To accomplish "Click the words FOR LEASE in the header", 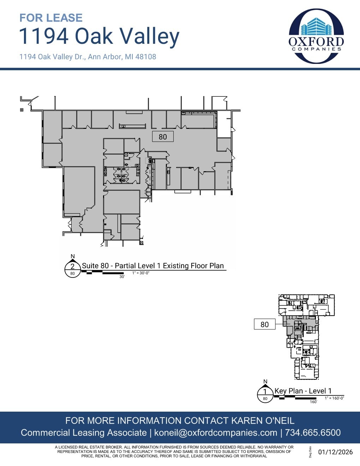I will [51, 18].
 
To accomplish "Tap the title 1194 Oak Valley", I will [99, 36].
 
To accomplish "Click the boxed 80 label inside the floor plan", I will [163, 137].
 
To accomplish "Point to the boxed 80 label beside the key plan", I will [264, 324].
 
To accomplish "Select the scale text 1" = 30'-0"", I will [141, 273].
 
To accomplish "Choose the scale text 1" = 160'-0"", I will [334, 398].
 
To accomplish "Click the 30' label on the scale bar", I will [122, 277].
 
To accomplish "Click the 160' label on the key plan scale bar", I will [313, 402].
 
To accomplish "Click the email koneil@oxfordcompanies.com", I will [216, 433].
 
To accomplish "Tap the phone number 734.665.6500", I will [313, 433].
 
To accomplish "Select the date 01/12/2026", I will [335, 452].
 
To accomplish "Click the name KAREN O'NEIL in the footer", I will [263, 420].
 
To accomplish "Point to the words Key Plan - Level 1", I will [303, 391].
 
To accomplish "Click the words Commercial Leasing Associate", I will [84, 433].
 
